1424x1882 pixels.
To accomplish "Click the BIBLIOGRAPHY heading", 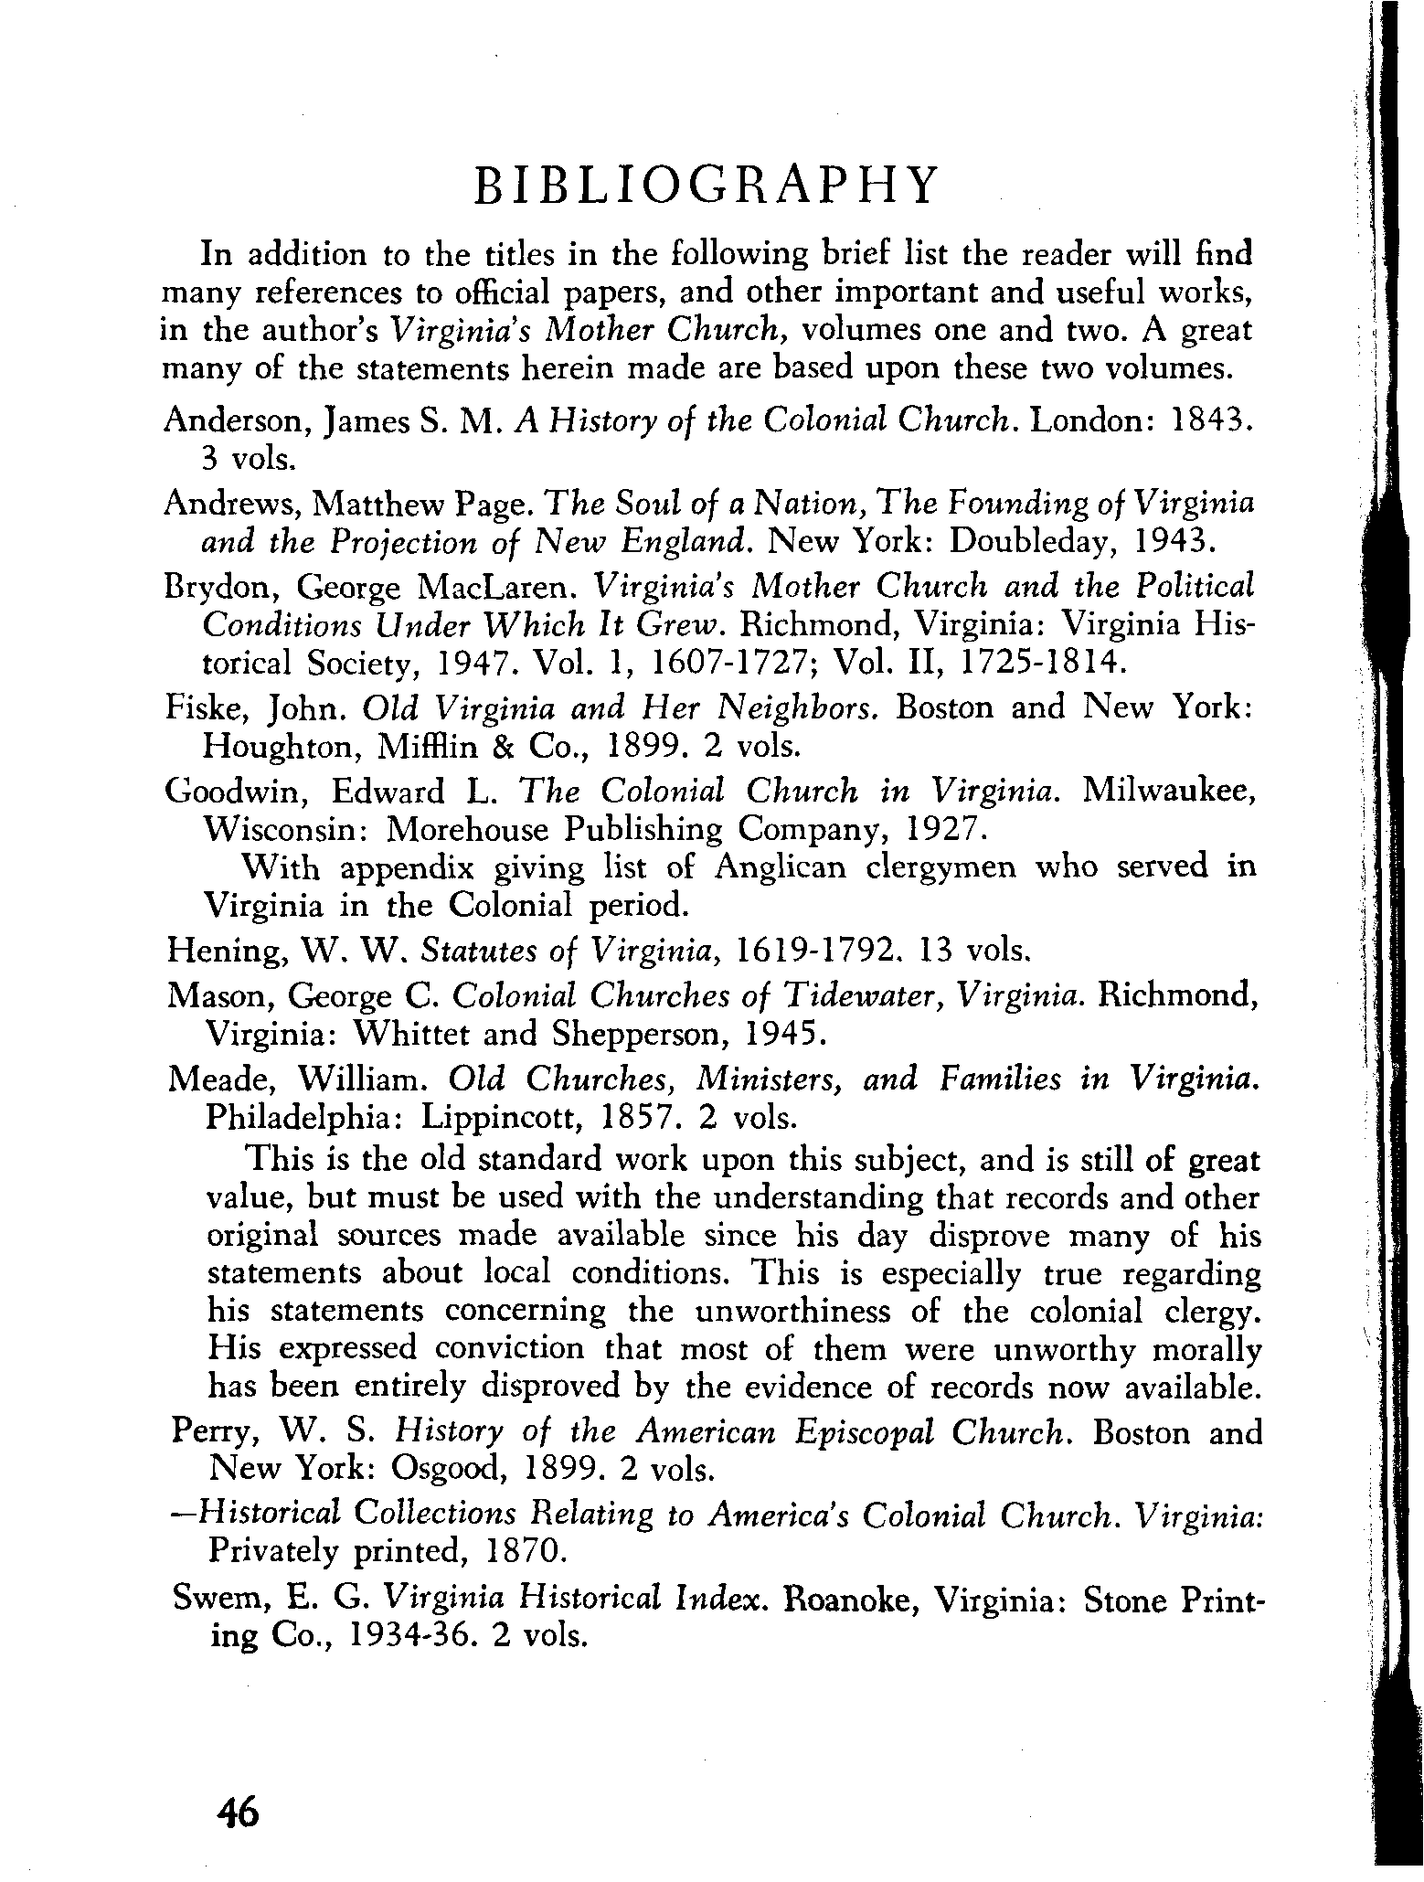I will tap(706, 186).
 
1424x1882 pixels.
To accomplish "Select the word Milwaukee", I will tap(1167, 791).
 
